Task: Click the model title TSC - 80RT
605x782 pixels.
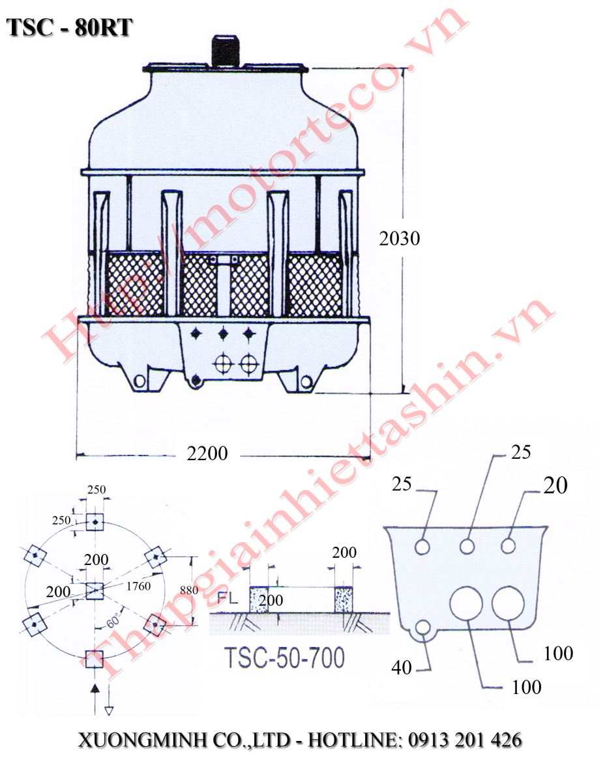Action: (x=69, y=28)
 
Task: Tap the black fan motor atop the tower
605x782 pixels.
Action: (x=223, y=51)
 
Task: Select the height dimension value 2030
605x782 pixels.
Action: (x=400, y=239)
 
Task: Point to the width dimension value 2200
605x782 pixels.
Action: (x=207, y=454)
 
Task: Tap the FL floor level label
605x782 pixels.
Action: (x=228, y=598)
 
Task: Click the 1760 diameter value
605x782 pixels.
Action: (x=139, y=586)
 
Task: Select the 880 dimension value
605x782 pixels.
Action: (x=189, y=590)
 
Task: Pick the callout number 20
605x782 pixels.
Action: (x=555, y=485)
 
